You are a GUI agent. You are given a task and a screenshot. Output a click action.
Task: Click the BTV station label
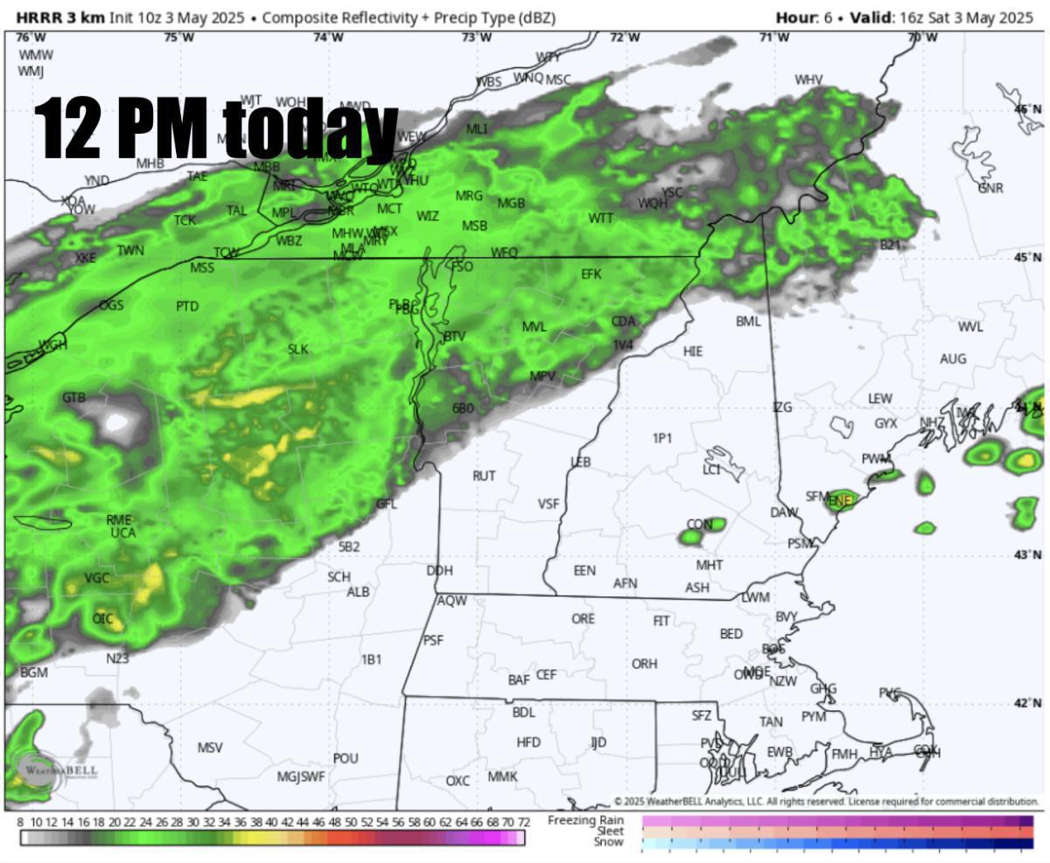pyautogui.click(x=454, y=337)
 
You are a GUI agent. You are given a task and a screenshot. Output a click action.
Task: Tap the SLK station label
pyautogui.click(x=298, y=350)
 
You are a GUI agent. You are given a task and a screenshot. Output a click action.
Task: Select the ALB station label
pyautogui.click(x=358, y=592)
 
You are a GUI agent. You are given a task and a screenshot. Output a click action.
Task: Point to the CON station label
pyautogui.click(x=699, y=525)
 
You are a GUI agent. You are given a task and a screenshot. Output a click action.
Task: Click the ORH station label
pyautogui.click(x=644, y=665)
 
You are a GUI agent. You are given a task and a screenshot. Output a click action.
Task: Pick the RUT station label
pyautogui.click(x=484, y=477)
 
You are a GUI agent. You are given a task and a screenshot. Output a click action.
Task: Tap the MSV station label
pyautogui.click(x=210, y=748)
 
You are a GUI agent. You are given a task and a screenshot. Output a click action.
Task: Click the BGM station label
pyautogui.click(x=34, y=673)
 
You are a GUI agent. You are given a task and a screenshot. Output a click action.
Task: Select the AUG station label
pyautogui.click(x=953, y=359)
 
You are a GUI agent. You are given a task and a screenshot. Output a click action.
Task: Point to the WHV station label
pyautogui.click(x=808, y=80)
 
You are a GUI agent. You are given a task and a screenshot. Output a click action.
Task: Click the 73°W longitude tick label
pyautogui.click(x=476, y=37)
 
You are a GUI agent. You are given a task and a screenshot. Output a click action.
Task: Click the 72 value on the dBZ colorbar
pyautogui.click(x=523, y=823)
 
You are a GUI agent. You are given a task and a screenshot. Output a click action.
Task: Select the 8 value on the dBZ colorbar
pyautogui.click(x=20, y=823)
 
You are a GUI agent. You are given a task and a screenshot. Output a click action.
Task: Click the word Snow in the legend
pyautogui.click(x=609, y=842)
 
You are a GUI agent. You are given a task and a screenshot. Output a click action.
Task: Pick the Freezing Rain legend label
pyautogui.click(x=585, y=820)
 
